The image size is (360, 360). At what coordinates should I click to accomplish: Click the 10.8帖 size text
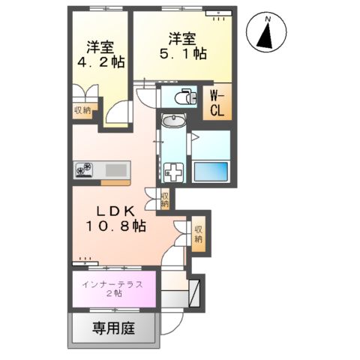coord(114,225)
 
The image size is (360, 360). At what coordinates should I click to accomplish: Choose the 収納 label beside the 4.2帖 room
coord(82,110)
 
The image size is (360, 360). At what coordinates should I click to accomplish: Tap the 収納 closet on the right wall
coord(198,235)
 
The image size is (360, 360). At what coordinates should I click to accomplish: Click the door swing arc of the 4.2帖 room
coord(116,112)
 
